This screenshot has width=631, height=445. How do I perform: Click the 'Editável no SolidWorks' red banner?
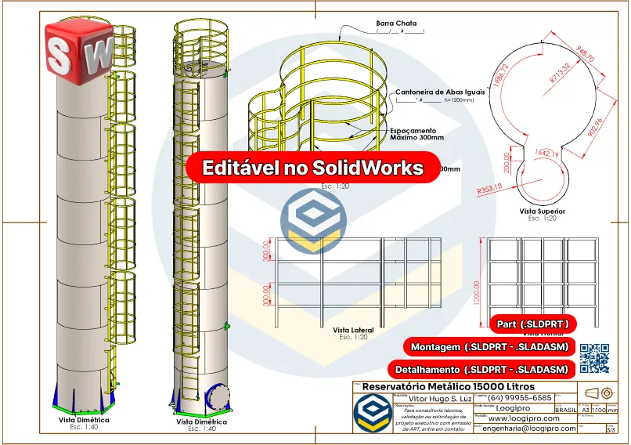click(313, 168)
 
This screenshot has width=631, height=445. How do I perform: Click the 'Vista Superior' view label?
click(542, 211)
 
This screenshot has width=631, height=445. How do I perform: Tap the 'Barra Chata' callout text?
click(397, 24)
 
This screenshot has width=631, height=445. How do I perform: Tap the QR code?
click(593, 358)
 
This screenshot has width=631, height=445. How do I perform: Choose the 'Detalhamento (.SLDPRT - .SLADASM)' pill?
click(481, 369)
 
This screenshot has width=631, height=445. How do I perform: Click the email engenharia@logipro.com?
click(530, 429)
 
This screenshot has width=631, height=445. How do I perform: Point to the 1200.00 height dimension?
click(477, 282)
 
